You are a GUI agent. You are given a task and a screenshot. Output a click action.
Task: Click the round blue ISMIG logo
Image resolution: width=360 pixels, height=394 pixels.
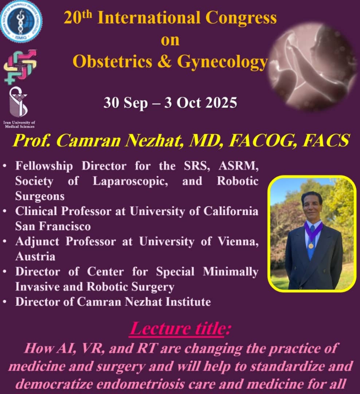21,22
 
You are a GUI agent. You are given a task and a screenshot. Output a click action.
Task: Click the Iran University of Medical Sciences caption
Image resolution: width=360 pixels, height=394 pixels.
19,124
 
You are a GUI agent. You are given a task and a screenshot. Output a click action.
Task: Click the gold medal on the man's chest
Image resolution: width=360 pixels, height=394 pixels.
311,246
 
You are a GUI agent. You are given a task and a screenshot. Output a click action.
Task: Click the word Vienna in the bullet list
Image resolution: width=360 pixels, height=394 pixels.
238,242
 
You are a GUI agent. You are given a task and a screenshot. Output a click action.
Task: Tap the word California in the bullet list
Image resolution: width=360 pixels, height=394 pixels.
231,211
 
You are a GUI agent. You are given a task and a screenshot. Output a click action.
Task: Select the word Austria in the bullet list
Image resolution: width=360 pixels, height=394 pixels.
35,256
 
